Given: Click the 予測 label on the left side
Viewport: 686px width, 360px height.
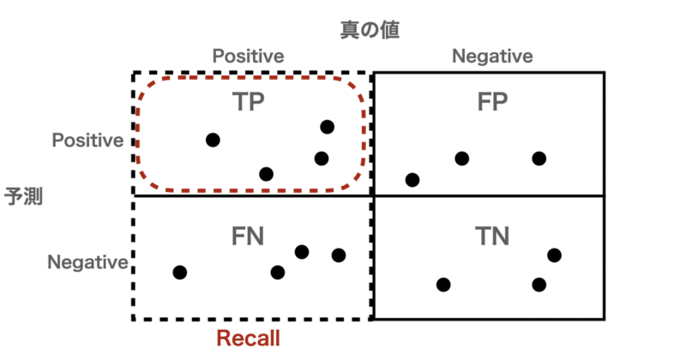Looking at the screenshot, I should (24, 195).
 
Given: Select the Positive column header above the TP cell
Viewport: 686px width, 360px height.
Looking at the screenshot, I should (248, 56).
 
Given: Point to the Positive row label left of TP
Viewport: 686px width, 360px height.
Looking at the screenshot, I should (88, 140).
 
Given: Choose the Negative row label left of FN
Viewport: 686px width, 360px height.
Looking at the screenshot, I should (88, 261).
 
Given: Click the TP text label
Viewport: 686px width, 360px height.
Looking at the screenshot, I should (249, 102).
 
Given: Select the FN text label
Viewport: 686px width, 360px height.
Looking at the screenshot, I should (248, 235).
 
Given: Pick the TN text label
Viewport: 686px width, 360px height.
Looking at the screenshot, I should (492, 235).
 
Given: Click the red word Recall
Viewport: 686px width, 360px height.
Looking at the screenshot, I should (249, 339).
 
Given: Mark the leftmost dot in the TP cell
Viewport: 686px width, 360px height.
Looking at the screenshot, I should (213, 140).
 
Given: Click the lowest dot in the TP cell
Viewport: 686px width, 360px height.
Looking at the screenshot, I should (266, 174).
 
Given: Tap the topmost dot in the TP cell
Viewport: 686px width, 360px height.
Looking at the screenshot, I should (327, 127).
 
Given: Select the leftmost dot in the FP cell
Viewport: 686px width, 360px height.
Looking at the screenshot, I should (412, 180).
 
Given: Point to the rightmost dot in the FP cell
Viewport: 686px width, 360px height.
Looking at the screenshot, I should (539, 159).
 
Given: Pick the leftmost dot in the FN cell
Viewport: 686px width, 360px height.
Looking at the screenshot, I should (179, 273).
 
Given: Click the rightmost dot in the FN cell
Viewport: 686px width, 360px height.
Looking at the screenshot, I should (339, 255).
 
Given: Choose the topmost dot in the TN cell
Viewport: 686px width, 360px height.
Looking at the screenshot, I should (554, 255).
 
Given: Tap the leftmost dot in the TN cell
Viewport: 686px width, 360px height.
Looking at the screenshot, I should (442, 285).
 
